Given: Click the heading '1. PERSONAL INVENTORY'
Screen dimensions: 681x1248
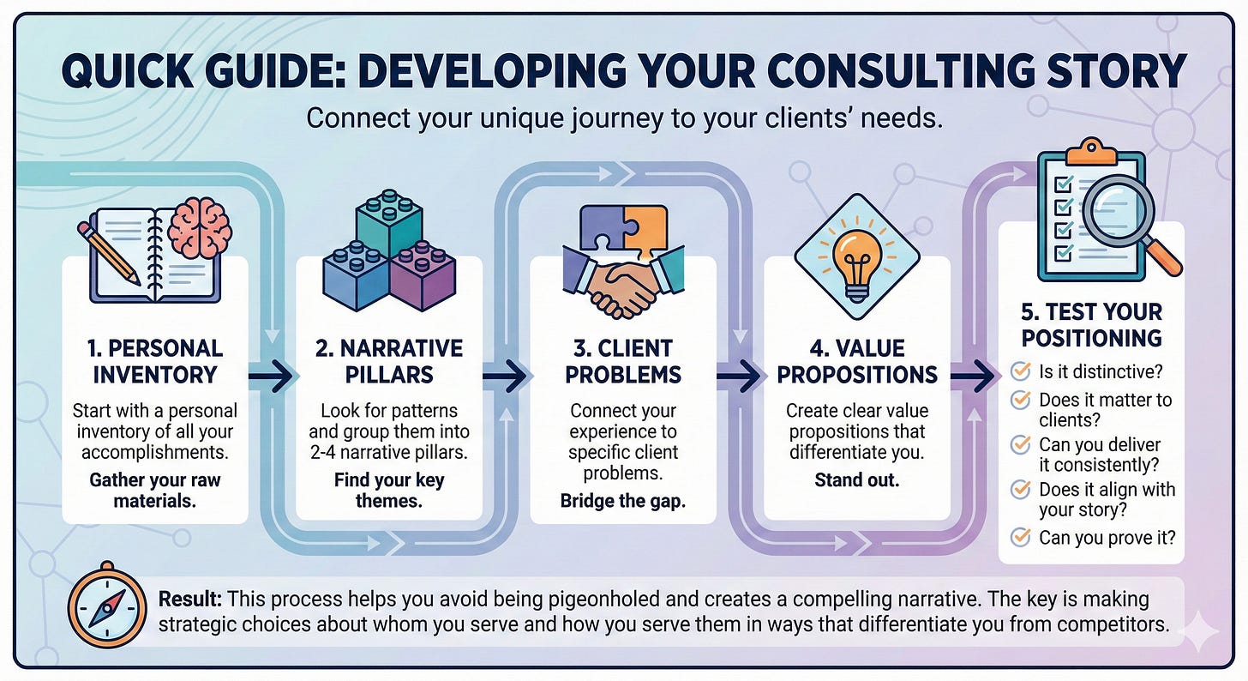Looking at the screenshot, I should pos(155,361).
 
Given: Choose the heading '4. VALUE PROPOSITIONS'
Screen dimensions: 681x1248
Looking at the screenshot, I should pos(856,361).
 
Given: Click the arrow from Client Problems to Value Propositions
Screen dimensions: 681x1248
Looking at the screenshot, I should pos(740,375).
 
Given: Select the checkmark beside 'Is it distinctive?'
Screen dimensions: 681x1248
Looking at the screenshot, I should pos(1020,371).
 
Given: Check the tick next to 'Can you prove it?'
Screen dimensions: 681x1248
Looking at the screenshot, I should pos(1020,538).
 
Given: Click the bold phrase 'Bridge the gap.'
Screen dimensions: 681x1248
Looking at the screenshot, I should pos(622,501).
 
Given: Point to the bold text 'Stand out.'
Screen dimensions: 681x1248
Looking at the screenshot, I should pos(856,479).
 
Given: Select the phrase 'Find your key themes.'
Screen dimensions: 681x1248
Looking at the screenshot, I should pos(389,490).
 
